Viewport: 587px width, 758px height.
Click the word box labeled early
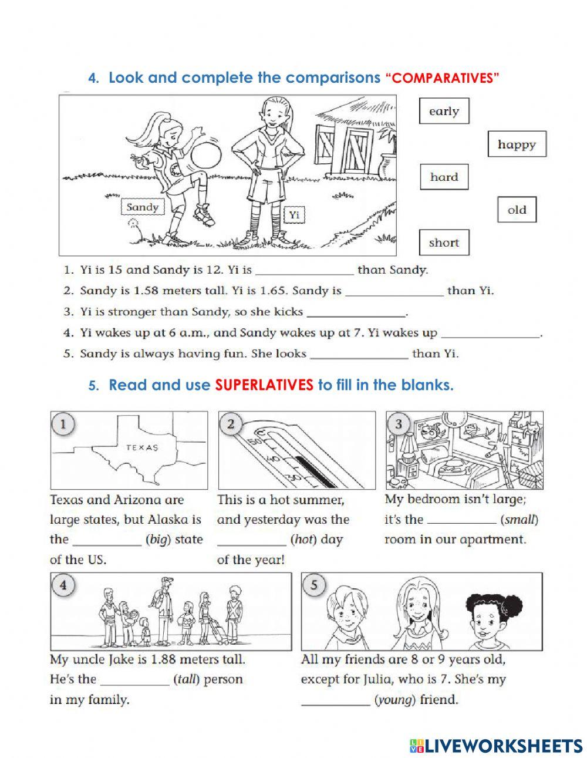[444, 111]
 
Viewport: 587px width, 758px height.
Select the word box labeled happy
[517, 144]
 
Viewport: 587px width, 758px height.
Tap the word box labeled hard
[444, 177]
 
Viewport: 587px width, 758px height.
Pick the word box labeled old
[517, 210]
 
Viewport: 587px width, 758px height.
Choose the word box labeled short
[444, 242]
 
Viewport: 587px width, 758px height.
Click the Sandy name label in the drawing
[143, 207]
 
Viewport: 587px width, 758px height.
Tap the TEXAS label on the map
[142, 447]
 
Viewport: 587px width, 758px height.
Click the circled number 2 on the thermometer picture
[231, 424]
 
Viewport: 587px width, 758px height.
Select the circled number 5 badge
[315, 586]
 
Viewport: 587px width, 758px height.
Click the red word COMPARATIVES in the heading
[441, 79]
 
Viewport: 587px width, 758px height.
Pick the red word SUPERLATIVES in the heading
[264, 385]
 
